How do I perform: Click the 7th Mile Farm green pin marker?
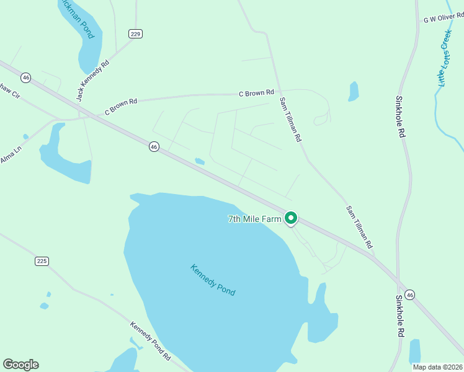291,218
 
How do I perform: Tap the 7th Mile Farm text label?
255,219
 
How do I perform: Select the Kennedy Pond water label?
213,280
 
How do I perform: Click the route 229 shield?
136,33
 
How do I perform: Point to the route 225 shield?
42,261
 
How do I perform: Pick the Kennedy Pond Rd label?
150,340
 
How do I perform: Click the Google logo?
20,365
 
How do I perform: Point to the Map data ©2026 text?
437,367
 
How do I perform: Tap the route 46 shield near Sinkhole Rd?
409,293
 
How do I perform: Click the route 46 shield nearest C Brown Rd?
154,146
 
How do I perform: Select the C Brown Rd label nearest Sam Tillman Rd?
256,93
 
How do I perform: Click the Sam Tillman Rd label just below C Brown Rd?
290,119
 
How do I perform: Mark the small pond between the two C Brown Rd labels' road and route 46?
199,161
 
